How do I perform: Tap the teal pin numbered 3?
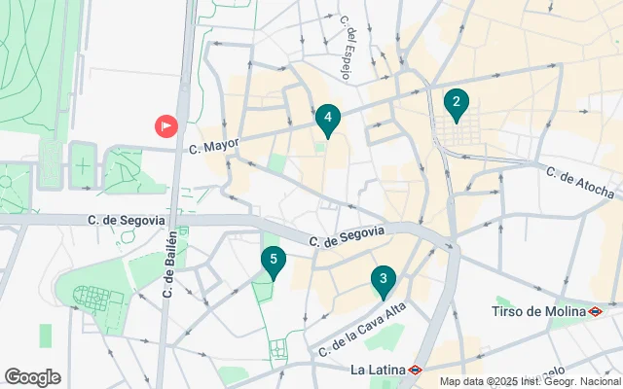[x=384, y=282]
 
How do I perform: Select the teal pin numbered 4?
[x=328, y=120]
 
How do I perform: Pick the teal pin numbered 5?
[x=274, y=261]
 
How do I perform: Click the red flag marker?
[x=166, y=125]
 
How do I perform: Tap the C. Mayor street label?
[x=213, y=147]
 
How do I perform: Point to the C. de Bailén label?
[x=170, y=264]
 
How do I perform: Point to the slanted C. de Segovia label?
[x=348, y=236]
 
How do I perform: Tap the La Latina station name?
[x=378, y=370]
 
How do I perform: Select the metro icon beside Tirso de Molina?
[x=595, y=311]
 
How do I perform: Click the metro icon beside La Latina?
[x=415, y=370]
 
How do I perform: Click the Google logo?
[x=32, y=377]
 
